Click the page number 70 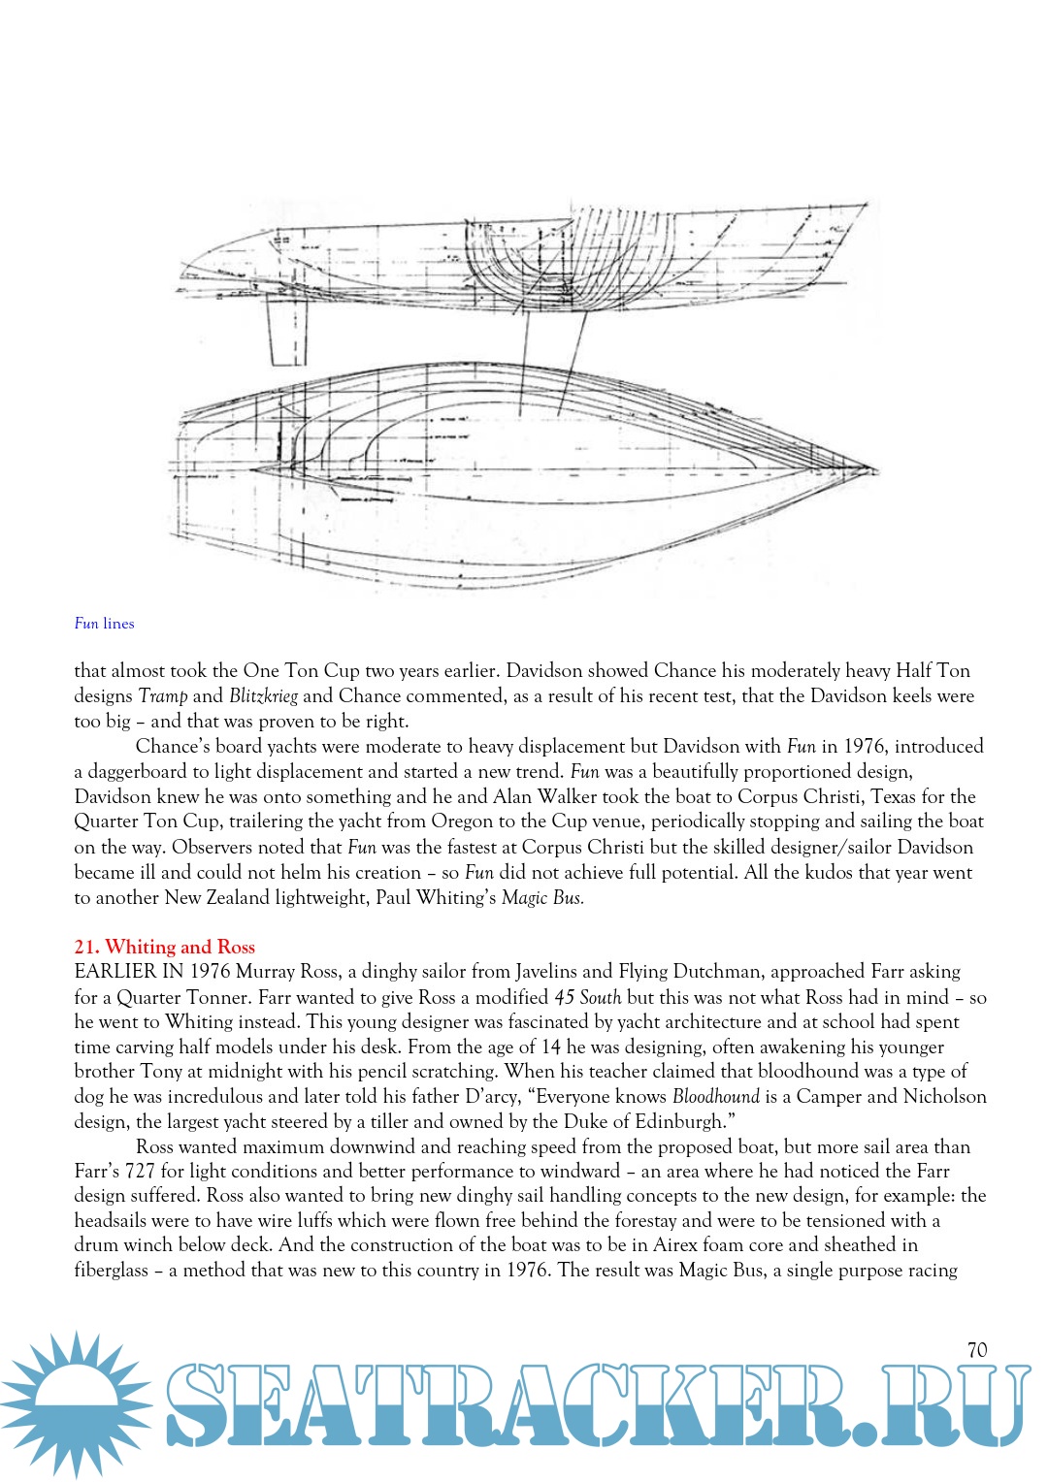(x=977, y=1349)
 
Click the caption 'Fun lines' (x=104, y=624)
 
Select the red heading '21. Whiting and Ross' (x=164, y=947)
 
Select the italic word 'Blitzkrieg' (x=263, y=696)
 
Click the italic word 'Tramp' (x=163, y=696)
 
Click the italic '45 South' (x=587, y=997)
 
